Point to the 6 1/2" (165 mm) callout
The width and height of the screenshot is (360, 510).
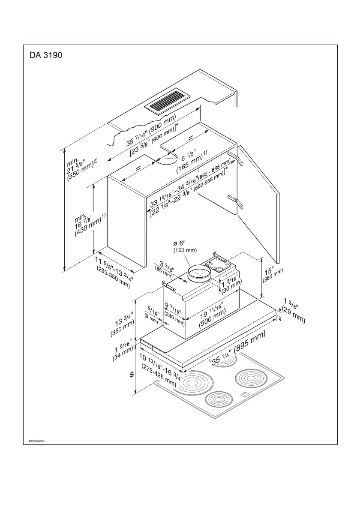point(194,163)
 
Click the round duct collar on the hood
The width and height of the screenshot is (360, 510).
point(199,274)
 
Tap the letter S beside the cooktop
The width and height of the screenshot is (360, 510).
point(132,375)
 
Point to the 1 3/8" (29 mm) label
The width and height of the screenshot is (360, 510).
point(291,312)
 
